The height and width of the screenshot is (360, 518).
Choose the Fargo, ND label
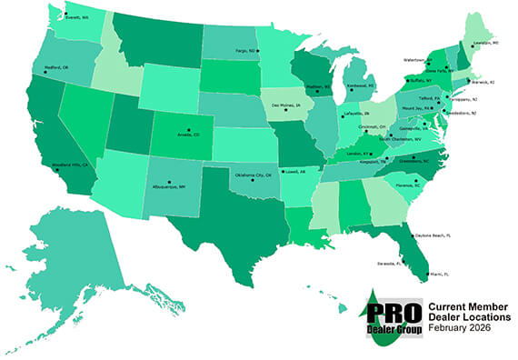(x=245, y=52)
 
